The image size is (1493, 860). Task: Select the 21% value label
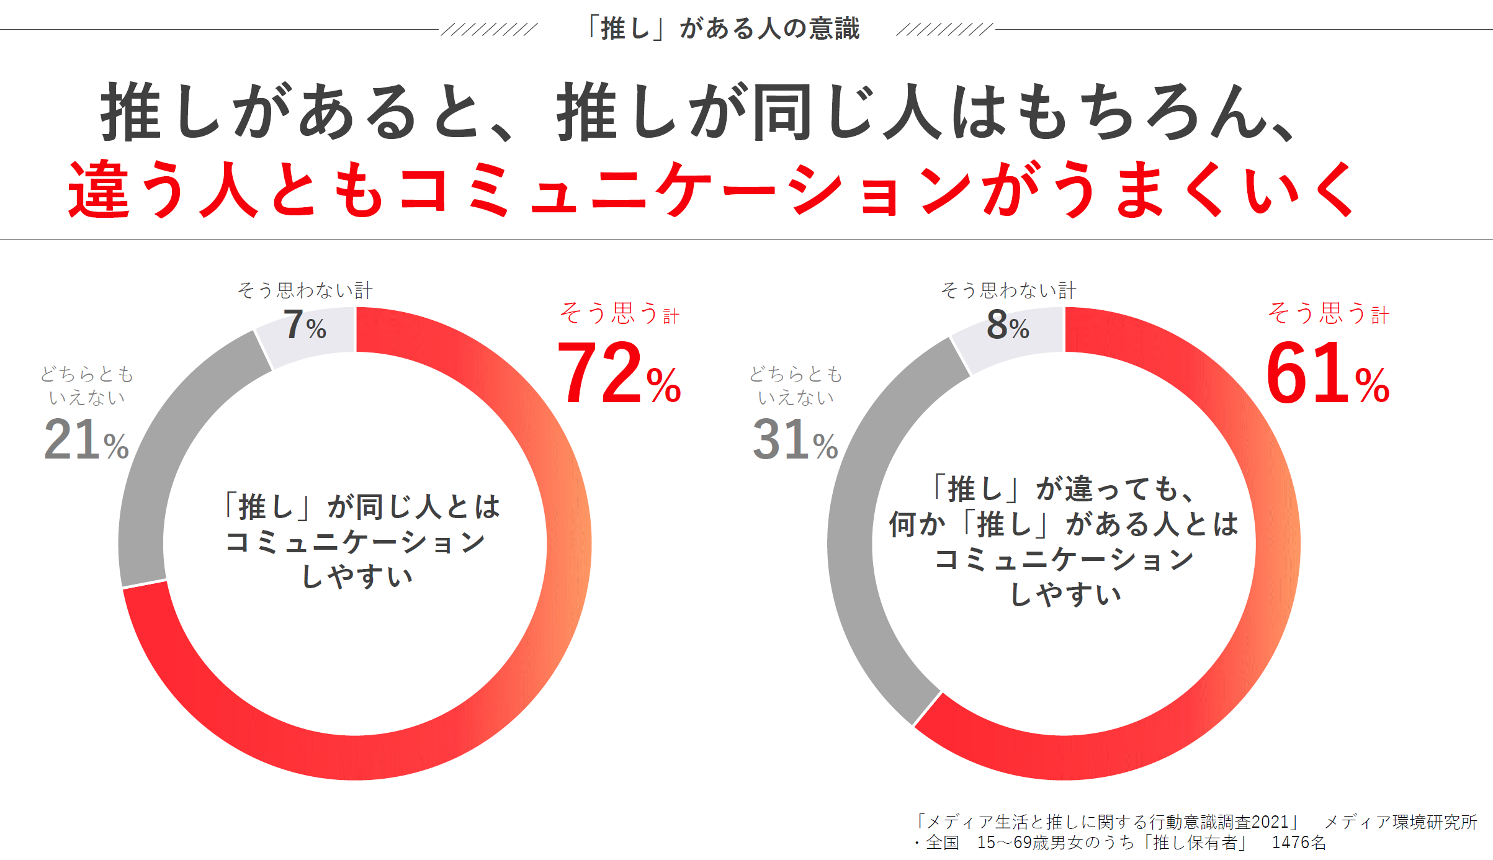86,440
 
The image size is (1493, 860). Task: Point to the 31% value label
795,440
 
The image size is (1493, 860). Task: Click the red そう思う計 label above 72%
619,313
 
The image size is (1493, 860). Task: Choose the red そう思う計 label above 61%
1328,313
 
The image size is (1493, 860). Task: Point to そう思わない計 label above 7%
305,290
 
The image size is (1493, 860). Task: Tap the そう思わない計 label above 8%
1008,290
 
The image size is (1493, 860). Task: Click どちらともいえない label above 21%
87,385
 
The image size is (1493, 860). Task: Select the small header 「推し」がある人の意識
723,29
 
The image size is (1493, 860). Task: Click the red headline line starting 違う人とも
711,189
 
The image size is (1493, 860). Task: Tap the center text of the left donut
362,541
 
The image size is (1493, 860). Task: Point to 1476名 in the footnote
1299,843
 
